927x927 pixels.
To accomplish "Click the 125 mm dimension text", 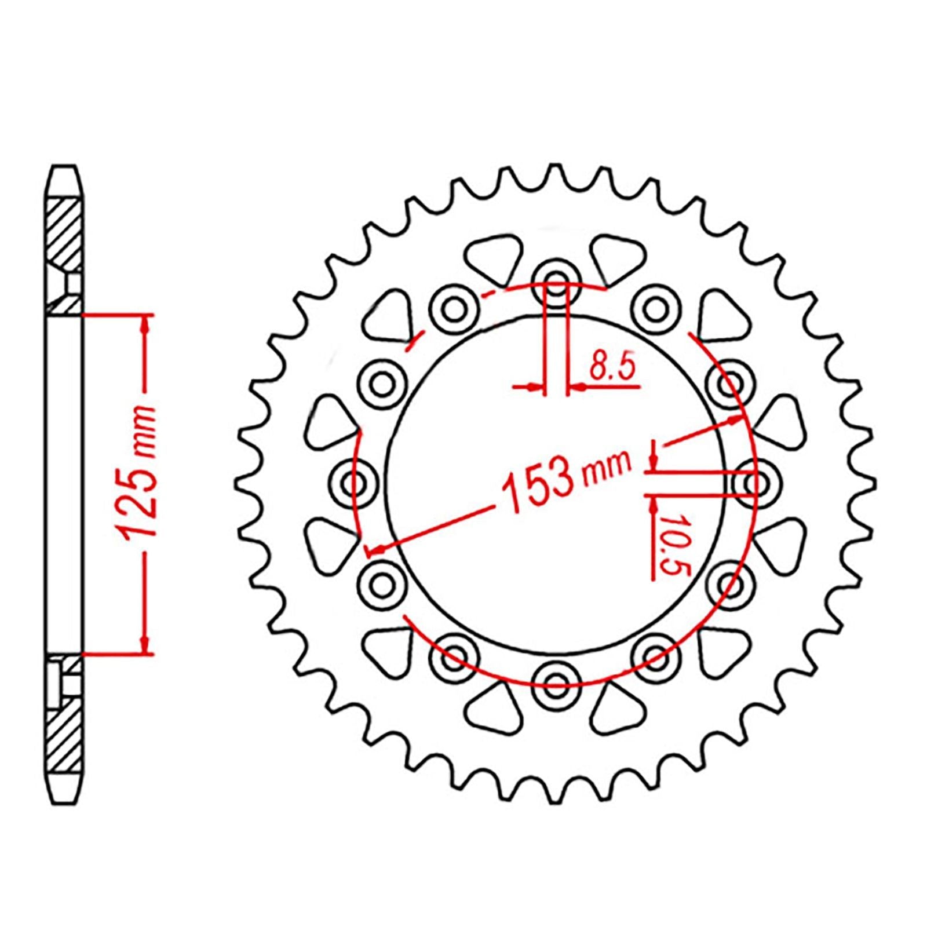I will (x=138, y=481).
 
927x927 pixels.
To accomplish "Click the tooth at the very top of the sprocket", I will (x=556, y=173).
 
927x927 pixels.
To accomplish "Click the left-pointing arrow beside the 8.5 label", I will (x=577, y=386).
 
